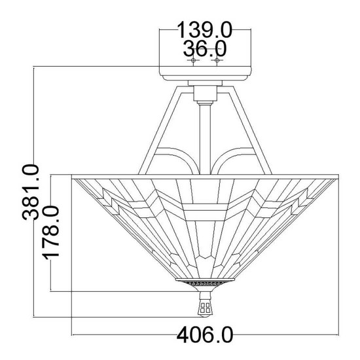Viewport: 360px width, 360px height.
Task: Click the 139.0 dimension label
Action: [205, 29]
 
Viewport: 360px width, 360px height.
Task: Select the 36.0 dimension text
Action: [205, 48]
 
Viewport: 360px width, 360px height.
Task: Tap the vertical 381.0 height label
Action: [31, 192]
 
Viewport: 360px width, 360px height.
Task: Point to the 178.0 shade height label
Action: [52, 232]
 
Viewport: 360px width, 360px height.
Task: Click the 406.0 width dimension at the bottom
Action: [205, 335]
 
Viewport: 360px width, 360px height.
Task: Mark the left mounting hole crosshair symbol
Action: [193, 60]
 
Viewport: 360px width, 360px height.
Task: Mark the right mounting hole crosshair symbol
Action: [217, 60]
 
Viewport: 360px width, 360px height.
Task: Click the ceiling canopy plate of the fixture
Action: [206, 73]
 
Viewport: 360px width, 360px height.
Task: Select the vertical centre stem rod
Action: [206, 139]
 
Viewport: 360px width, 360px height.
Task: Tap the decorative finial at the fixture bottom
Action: [205, 304]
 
